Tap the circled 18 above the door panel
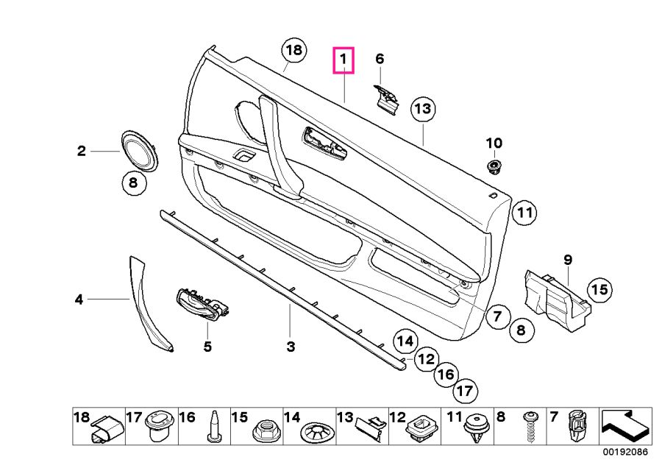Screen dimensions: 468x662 293,51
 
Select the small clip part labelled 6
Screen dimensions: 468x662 387,96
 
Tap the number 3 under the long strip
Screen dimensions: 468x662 291,346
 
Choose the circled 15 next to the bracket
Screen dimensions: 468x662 600,290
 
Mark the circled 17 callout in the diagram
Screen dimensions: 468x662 463,390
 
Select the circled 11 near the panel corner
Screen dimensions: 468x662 523,214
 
